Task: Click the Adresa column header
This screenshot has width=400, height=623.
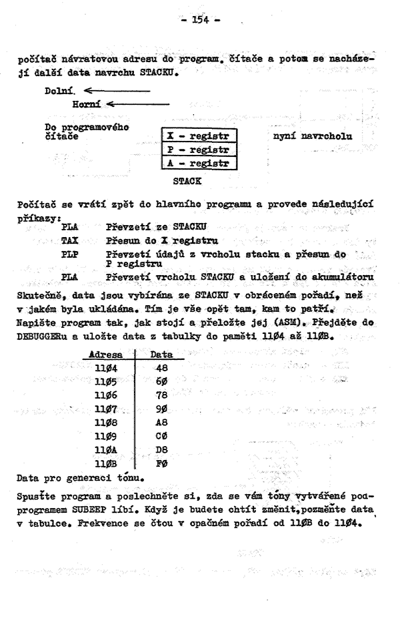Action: tap(106, 357)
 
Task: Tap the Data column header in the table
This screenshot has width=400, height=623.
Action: tap(162, 357)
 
